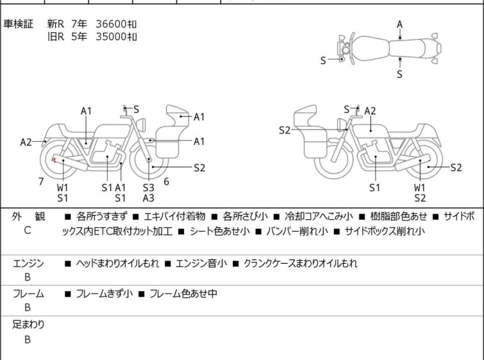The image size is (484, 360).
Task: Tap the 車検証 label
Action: click(18, 24)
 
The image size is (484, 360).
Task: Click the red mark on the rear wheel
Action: click(54, 160)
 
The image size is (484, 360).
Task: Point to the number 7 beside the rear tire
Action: click(41, 182)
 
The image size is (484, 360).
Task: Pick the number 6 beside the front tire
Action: click(167, 182)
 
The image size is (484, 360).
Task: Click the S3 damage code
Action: click(149, 187)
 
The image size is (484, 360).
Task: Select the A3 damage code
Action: click(149, 198)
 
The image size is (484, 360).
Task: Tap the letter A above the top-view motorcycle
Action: click(400, 24)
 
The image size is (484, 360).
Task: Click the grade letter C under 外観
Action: click(28, 230)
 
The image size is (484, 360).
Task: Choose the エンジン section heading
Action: click(28, 263)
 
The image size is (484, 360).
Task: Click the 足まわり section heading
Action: click(28, 325)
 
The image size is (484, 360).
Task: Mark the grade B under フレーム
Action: click(28, 307)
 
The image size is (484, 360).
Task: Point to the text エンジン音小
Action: click(201, 263)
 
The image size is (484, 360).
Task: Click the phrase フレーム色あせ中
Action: click(183, 293)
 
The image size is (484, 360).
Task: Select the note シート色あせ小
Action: click(220, 231)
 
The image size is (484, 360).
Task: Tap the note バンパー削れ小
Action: click(297, 231)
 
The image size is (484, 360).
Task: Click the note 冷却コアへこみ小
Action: click(319, 216)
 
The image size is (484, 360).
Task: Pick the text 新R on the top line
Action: click(56, 24)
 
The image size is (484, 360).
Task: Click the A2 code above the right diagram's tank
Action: click(370, 111)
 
